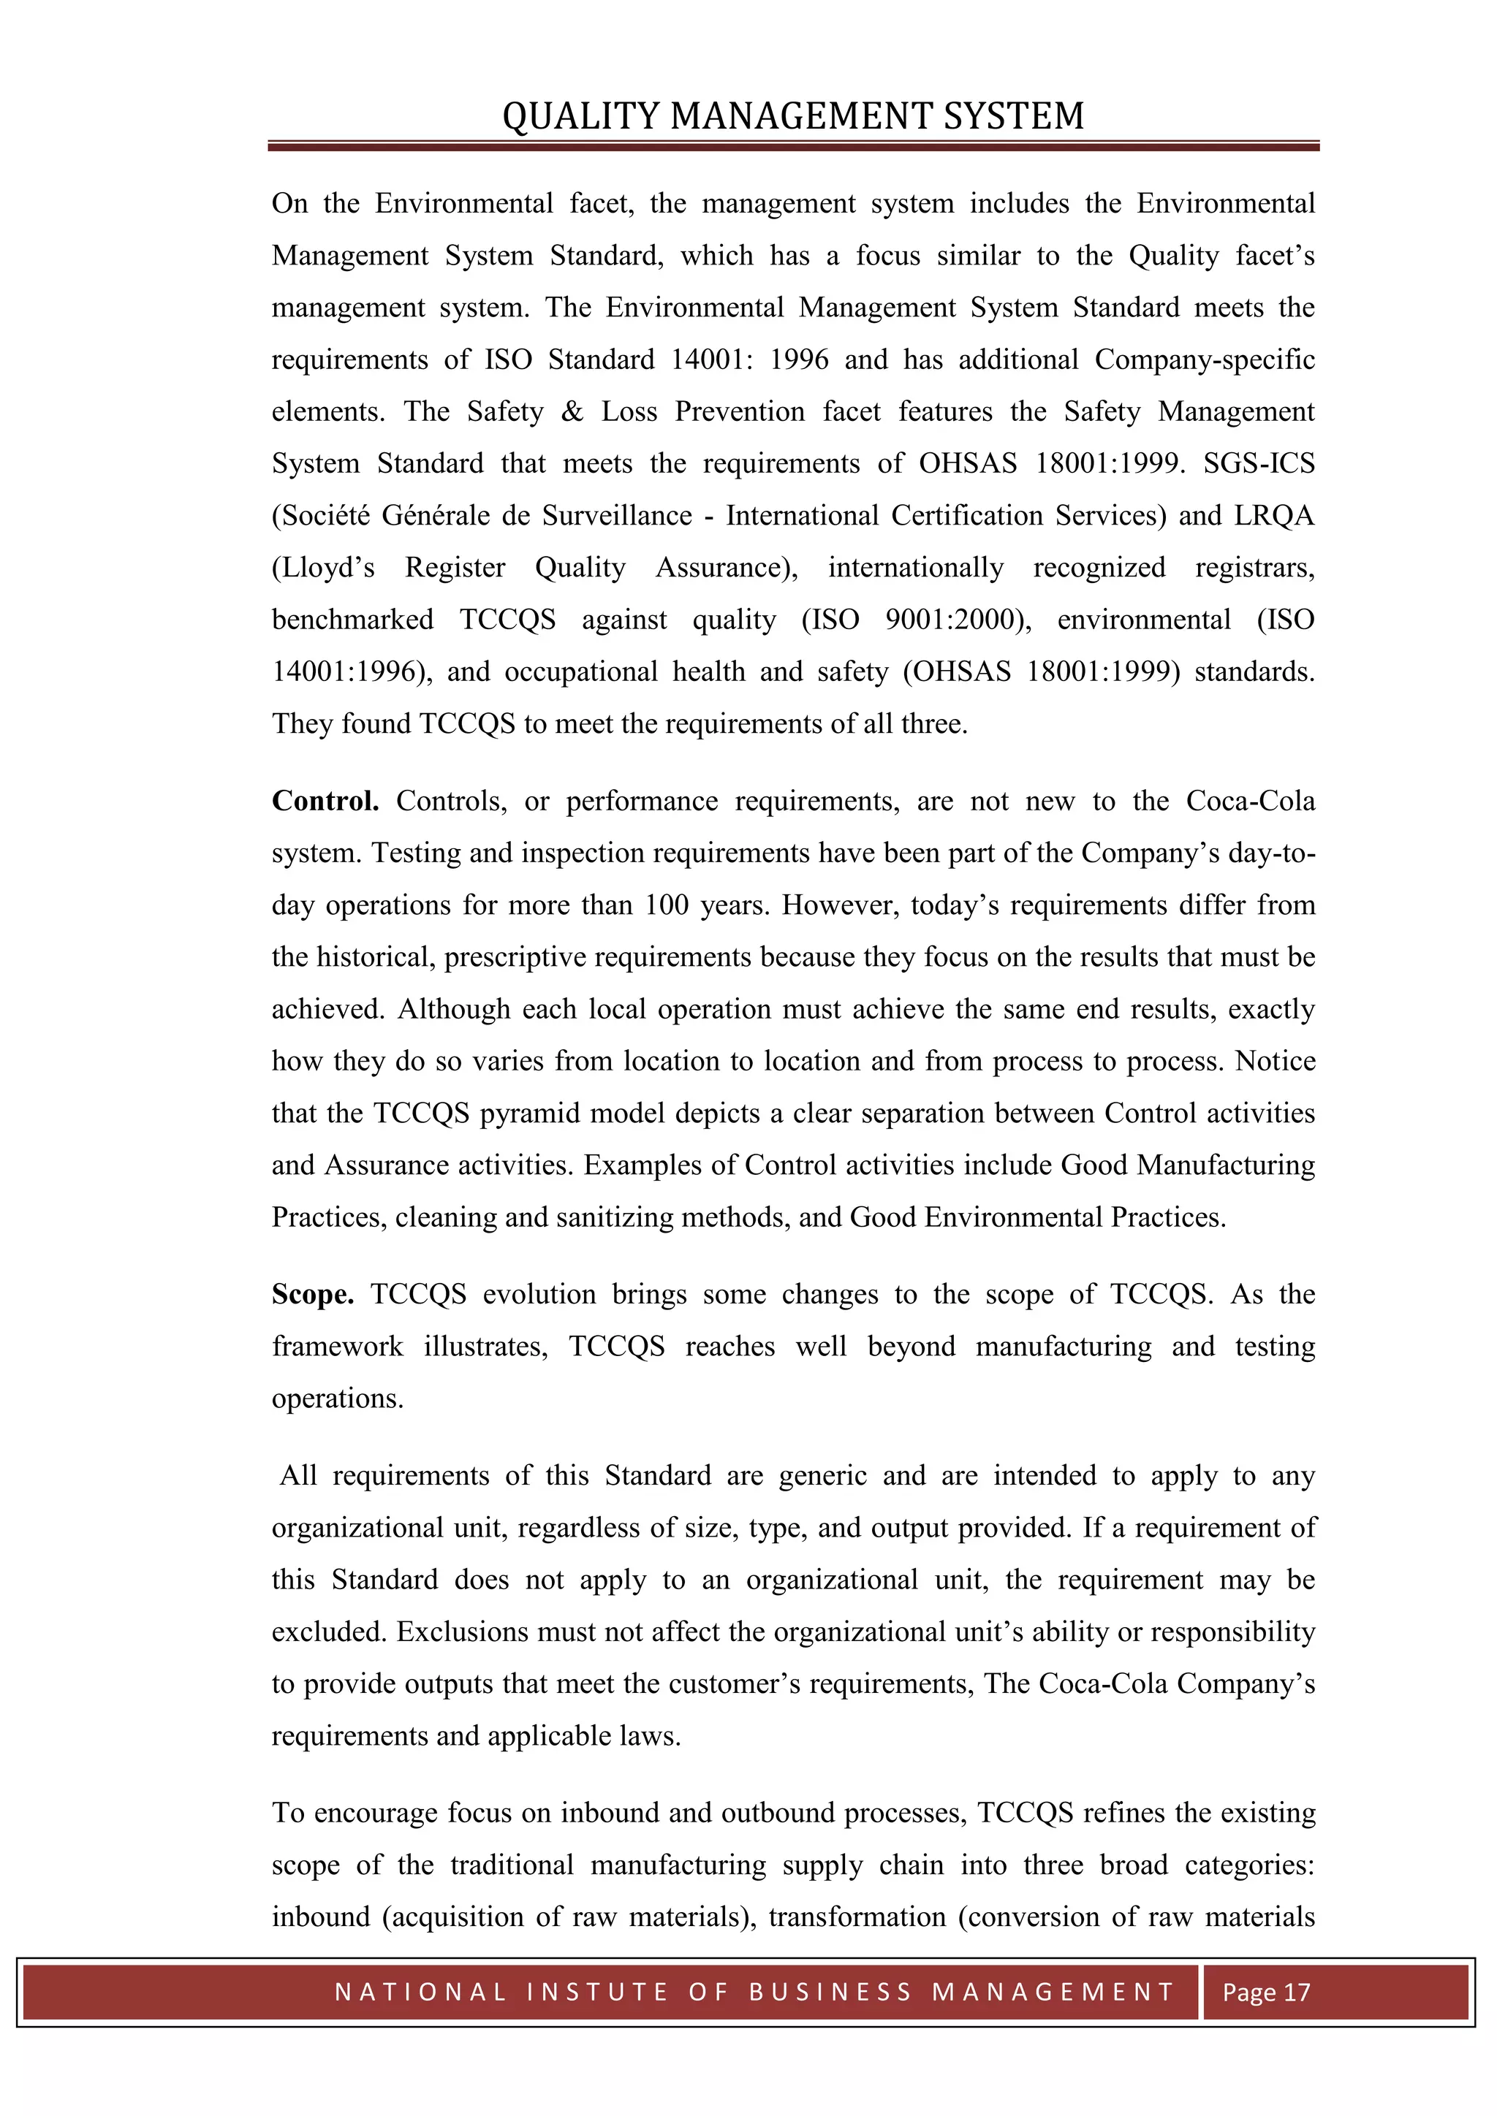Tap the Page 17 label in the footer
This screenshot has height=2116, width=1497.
point(1265,1993)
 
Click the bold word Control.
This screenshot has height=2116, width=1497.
point(325,801)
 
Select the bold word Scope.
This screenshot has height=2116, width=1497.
point(313,1294)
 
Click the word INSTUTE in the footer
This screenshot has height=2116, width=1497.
point(597,1993)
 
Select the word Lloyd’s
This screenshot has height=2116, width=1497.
point(324,568)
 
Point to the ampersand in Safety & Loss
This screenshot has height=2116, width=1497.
point(572,412)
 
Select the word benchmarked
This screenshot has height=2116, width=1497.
point(352,620)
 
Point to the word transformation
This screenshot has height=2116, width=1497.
point(857,1917)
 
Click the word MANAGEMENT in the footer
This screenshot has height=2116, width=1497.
point(1052,1993)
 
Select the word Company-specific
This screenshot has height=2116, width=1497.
point(1204,359)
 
